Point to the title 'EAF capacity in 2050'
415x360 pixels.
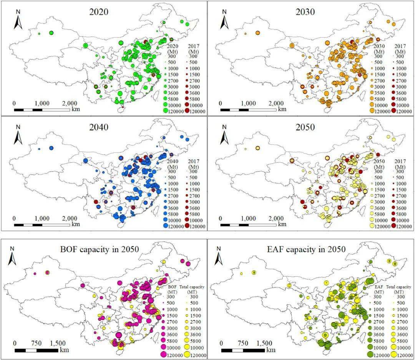click(303, 249)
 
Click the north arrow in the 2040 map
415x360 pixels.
click(18, 137)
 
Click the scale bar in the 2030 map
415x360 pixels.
click(248, 110)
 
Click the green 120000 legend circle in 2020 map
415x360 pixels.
click(166, 111)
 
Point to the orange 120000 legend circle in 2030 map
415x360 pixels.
click(372, 111)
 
